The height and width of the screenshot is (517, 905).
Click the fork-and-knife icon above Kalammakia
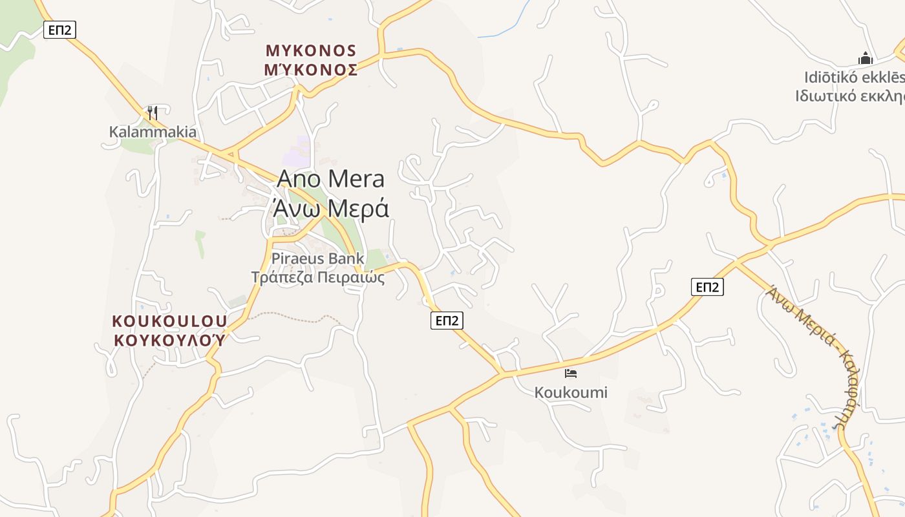tap(152, 113)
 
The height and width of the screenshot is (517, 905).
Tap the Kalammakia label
tap(153, 132)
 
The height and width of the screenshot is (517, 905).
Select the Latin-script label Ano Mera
tap(330, 179)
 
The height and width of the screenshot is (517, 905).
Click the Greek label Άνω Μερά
tap(330, 208)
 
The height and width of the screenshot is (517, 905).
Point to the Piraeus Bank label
tap(318, 258)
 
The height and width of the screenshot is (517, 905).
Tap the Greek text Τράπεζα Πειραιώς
tap(318, 278)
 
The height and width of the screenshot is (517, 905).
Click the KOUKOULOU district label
tap(169, 321)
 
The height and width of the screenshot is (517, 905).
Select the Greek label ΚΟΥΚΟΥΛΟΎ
tap(169, 340)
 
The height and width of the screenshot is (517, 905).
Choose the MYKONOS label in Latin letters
tap(311, 50)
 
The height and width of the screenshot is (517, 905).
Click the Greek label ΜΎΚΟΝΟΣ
tap(311, 70)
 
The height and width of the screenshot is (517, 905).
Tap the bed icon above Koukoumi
tap(570, 374)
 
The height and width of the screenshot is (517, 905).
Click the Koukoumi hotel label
tap(571, 392)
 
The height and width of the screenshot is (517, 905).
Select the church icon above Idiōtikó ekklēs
tap(866, 59)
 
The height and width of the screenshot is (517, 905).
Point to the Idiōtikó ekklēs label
tap(854, 78)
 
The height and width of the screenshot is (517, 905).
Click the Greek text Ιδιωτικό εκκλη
tap(849, 96)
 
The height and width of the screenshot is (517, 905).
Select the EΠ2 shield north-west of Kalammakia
tap(58, 29)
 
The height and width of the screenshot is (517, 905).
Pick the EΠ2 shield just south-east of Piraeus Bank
tap(447, 320)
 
